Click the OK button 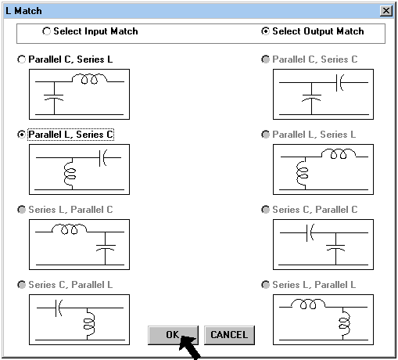(x=173, y=335)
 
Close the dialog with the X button (x=386, y=11)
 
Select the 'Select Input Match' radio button (x=46, y=31)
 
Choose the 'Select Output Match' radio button (x=265, y=31)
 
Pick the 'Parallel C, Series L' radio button (x=21, y=59)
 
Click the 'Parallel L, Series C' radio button (x=21, y=135)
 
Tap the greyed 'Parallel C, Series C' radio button (x=265, y=59)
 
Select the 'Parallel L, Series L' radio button (x=265, y=135)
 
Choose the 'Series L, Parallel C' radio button (x=21, y=210)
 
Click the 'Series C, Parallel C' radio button (x=265, y=210)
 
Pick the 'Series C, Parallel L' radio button (x=21, y=285)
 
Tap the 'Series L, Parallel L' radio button (x=265, y=285)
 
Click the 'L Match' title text (x=23, y=11)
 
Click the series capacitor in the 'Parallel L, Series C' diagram (x=103, y=158)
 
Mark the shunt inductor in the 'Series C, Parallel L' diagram (x=89, y=323)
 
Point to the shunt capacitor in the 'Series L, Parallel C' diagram (x=106, y=248)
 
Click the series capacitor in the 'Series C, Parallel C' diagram (x=310, y=232)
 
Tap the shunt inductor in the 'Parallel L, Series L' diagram (x=303, y=173)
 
